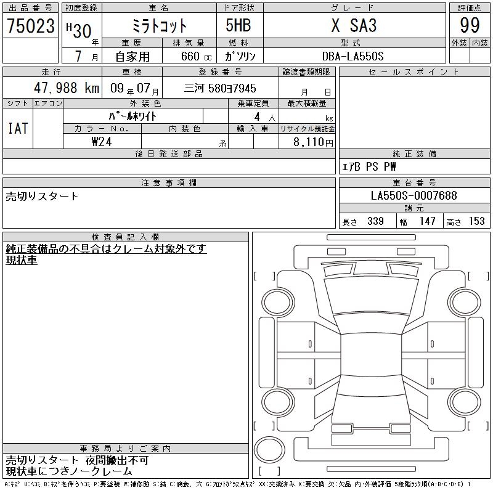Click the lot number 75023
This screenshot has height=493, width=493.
pyautogui.click(x=31, y=26)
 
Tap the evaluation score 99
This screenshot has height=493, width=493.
pyautogui.click(x=470, y=25)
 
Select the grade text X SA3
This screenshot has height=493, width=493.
pyautogui.click(x=354, y=25)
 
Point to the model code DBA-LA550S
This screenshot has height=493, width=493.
pyautogui.click(x=352, y=56)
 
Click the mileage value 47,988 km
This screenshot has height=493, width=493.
pyautogui.click(x=67, y=88)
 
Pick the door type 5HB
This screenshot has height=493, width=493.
pyautogui.click(x=238, y=25)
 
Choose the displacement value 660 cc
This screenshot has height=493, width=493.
pyautogui.click(x=196, y=56)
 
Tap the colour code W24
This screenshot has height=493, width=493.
pyautogui.click(x=102, y=142)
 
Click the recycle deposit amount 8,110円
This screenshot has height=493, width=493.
pyautogui.click(x=313, y=142)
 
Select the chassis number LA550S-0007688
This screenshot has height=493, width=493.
pyautogui.click(x=414, y=195)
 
